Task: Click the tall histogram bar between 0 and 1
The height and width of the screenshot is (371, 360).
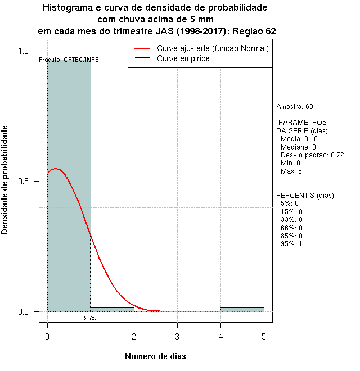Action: tap(69, 185)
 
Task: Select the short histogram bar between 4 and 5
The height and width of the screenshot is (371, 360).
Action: tap(242, 309)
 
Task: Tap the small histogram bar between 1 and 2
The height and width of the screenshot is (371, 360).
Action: tap(112, 309)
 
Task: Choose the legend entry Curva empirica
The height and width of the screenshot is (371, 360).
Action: tap(183, 58)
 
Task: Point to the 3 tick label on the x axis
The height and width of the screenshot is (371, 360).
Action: tap(177, 336)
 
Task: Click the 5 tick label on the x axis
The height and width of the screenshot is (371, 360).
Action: tap(264, 336)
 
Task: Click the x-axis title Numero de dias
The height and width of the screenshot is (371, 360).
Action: tap(155, 356)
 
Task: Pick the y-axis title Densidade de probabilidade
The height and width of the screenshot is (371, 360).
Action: tap(6, 180)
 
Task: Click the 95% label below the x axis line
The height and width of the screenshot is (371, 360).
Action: tap(90, 318)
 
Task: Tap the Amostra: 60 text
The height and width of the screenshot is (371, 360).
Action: tap(295, 106)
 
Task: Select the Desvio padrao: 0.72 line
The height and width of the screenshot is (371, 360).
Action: tap(312, 155)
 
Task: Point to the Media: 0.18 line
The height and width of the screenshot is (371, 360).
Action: tap(299, 139)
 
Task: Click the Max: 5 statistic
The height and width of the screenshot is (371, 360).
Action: tap(292, 171)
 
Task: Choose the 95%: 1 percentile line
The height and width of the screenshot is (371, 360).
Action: tap(291, 243)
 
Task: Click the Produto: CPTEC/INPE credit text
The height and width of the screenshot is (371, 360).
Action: tap(69, 60)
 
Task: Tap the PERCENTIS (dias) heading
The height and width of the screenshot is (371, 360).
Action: tap(305, 196)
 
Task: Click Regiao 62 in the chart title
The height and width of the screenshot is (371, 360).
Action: tap(254, 31)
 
